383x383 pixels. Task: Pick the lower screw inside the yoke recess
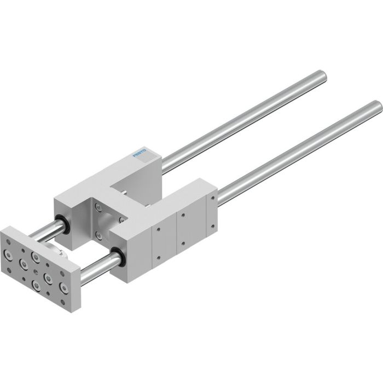[x=98, y=236]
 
